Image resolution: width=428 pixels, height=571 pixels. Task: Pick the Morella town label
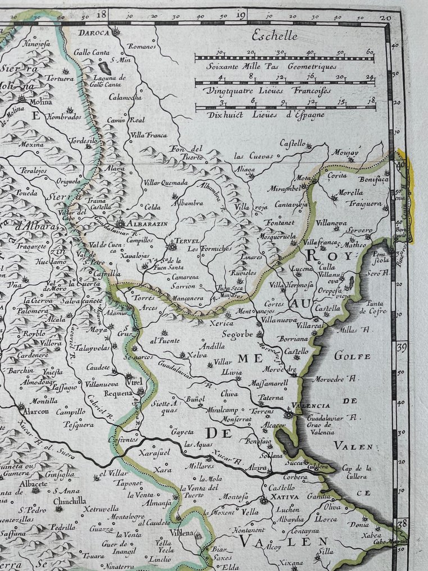pyautogui.click(x=350, y=192)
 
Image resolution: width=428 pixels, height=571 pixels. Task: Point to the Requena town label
pyautogui.click(x=118, y=394)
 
